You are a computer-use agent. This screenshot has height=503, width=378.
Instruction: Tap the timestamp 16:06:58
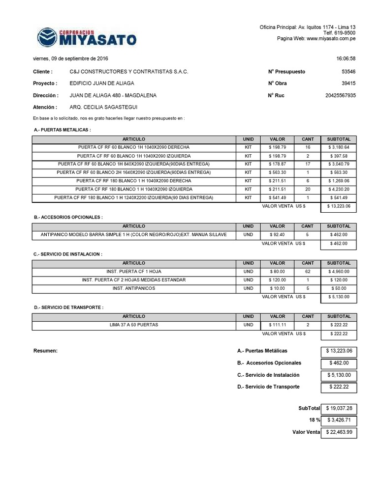[x=346, y=58]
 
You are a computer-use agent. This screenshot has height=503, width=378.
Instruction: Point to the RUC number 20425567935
[x=340, y=95]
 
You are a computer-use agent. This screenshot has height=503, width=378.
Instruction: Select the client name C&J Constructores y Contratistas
[x=129, y=72]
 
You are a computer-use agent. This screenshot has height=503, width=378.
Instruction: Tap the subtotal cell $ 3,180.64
[x=338, y=147]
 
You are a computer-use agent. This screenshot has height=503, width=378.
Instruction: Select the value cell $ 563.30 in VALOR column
[x=277, y=172]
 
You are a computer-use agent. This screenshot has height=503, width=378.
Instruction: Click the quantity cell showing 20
[x=307, y=189]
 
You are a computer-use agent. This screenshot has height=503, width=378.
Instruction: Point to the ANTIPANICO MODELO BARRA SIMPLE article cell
[x=133, y=235]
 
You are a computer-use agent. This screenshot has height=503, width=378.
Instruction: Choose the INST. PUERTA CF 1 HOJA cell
[x=133, y=271]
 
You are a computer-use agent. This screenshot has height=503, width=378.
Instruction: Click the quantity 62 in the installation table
[x=307, y=271]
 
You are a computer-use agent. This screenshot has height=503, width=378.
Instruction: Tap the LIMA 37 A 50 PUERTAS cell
[x=133, y=325]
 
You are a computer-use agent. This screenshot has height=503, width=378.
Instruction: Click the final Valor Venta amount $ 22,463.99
[x=338, y=433]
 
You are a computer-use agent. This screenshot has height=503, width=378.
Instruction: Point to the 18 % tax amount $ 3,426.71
[x=338, y=420]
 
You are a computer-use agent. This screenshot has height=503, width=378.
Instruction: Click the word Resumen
[x=45, y=351]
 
